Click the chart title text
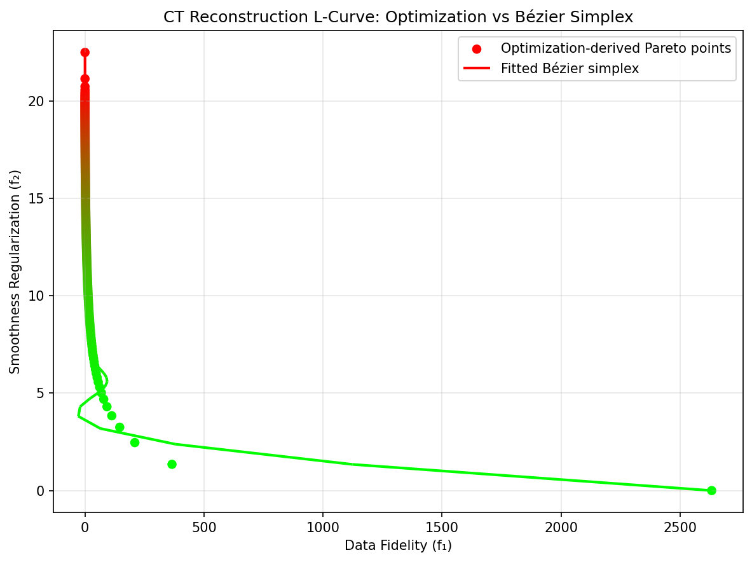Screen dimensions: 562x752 (x=398, y=17)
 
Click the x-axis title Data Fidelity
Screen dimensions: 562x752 (x=398, y=545)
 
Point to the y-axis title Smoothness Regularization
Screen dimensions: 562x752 (x=16, y=271)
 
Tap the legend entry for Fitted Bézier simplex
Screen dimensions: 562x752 (x=570, y=69)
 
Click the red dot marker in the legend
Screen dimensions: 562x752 (x=477, y=49)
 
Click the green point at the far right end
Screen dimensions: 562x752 (x=711, y=490)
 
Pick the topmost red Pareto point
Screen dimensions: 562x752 (x=85, y=52)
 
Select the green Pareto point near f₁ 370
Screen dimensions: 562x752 (x=172, y=464)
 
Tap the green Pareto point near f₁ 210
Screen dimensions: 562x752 (x=135, y=442)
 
